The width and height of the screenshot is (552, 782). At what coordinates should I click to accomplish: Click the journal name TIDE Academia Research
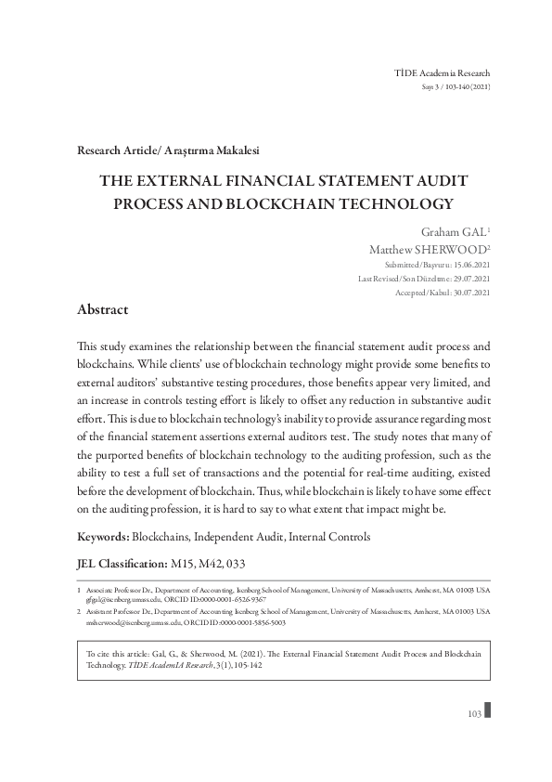click(443, 72)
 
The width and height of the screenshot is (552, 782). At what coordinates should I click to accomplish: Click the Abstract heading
click(103, 308)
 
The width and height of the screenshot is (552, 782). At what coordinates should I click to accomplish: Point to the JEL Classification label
click(121, 563)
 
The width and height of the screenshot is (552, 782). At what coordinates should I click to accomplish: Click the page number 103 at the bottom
click(474, 713)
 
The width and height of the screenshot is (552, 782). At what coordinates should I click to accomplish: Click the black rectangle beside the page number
click(488, 711)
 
